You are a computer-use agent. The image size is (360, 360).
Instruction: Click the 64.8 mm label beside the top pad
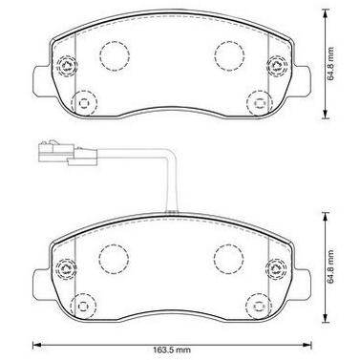click(331, 64)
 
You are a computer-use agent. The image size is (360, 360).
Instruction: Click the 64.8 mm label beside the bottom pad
click(331, 266)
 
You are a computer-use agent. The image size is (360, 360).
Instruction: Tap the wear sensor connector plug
click(67, 153)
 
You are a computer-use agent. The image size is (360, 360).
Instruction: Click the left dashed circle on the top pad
click(115, 55)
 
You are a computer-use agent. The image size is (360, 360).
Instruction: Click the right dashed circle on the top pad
click(229, 55)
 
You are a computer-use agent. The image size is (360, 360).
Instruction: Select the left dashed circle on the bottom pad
click(114, 259)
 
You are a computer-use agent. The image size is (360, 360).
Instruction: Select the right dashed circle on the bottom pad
click(229, 259)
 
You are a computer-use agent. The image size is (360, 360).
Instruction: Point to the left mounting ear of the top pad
click(42, 80)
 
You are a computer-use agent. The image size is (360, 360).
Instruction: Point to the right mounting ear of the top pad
click(302, 80)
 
